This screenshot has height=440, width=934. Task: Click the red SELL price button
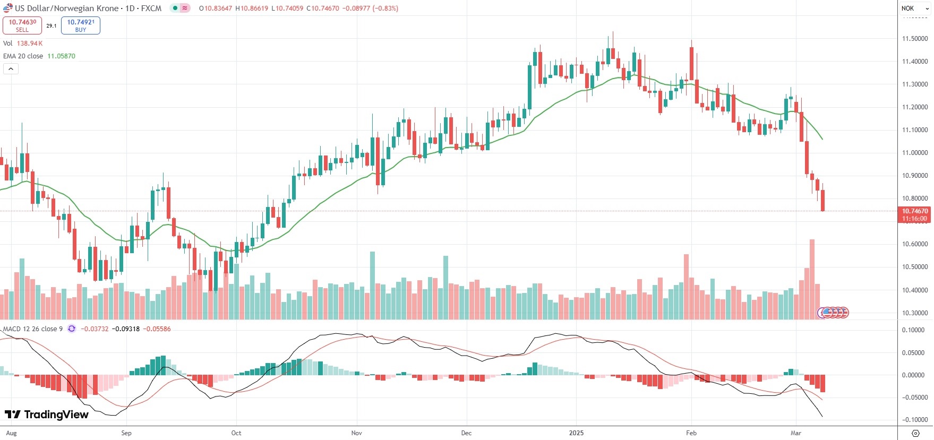[x=22, y=25]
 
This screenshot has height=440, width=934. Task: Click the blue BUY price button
[x=81, y=25]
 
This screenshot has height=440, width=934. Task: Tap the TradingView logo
[x=47, y=415]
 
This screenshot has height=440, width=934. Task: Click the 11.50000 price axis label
[x=915, y=39]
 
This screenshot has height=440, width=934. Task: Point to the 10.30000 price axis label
[x=915, y=313]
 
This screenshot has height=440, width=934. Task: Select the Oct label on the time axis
[x=236, y=433]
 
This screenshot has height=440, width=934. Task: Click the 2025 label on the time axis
[x=576, y=433]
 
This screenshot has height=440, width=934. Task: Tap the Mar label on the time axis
[x=795, y=433]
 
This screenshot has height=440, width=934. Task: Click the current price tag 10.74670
[x=915, y=211]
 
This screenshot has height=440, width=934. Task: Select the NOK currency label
[x=908, y=8]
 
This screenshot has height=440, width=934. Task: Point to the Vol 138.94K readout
[x=23, y=44]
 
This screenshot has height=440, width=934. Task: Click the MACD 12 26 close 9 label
[x=33, y=329]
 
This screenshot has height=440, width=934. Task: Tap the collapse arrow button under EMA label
[x=11, y=68]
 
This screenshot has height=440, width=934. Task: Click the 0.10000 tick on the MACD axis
[x=913, y=330]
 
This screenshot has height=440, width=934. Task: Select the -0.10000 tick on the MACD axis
[x=913, y=420]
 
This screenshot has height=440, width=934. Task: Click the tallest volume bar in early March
[x=812, y=279]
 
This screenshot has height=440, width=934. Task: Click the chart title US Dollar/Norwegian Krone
[x=66, y=8]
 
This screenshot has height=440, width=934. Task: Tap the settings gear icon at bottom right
[x=915, y=433]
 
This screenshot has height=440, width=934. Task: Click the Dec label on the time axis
[x=466, y=433]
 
